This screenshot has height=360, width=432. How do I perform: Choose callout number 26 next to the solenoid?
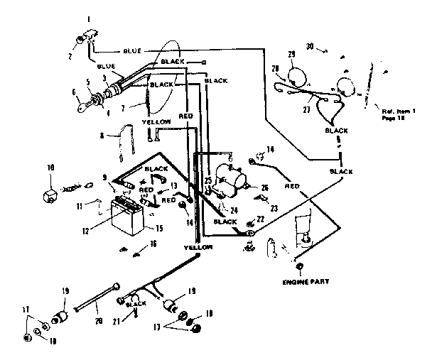tap(264, 187)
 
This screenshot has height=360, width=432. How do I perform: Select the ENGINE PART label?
tap(300, 282)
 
